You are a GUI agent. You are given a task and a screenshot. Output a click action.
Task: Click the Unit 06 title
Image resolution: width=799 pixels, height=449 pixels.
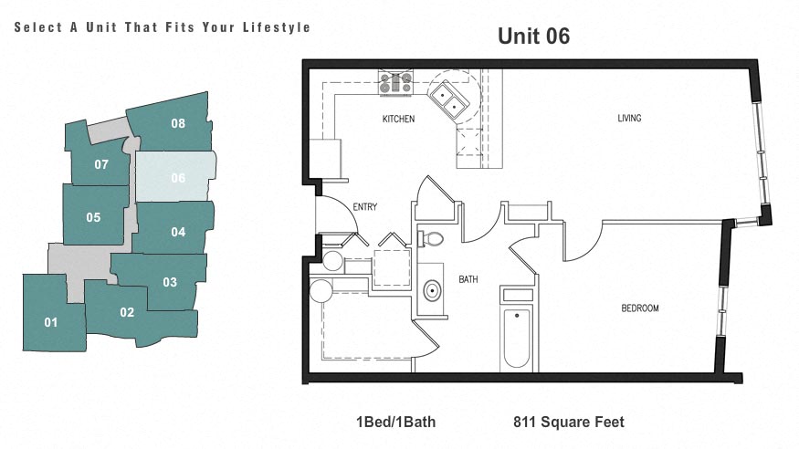pos(533,37)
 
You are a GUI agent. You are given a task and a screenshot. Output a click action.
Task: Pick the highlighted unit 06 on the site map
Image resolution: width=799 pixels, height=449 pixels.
pos(177,178)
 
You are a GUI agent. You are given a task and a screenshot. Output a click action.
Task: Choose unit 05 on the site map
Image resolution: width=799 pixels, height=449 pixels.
pos(93,217)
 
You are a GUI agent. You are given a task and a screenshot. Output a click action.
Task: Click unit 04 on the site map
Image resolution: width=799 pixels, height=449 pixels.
pos(177,232)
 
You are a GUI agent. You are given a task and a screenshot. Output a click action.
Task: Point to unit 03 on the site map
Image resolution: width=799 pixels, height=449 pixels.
pos(169,281)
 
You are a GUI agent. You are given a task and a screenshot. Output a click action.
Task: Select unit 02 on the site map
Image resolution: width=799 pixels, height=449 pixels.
pos(127,312)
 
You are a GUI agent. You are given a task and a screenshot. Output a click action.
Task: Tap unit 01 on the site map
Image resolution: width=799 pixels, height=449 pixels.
pos(50,321)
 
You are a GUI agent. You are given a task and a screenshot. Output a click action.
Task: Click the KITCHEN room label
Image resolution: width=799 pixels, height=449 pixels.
pos(398,120)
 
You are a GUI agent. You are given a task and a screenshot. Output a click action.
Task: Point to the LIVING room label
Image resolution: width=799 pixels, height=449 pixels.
pos(629,118)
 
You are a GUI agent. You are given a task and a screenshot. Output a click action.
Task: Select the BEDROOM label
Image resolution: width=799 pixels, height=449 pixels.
pos(640,308)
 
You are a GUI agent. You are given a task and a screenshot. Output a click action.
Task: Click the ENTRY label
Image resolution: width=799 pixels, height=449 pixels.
pos(364,207)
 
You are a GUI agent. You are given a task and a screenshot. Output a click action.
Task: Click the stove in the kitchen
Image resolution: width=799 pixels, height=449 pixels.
pos(396,84)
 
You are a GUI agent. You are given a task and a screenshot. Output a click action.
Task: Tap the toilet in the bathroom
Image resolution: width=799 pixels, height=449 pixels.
pos(432,240)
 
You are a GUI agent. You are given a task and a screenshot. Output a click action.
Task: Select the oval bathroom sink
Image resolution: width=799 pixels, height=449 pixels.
pos(431,293)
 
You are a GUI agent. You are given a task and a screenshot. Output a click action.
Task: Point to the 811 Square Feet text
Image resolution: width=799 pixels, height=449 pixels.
pos(569,422)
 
